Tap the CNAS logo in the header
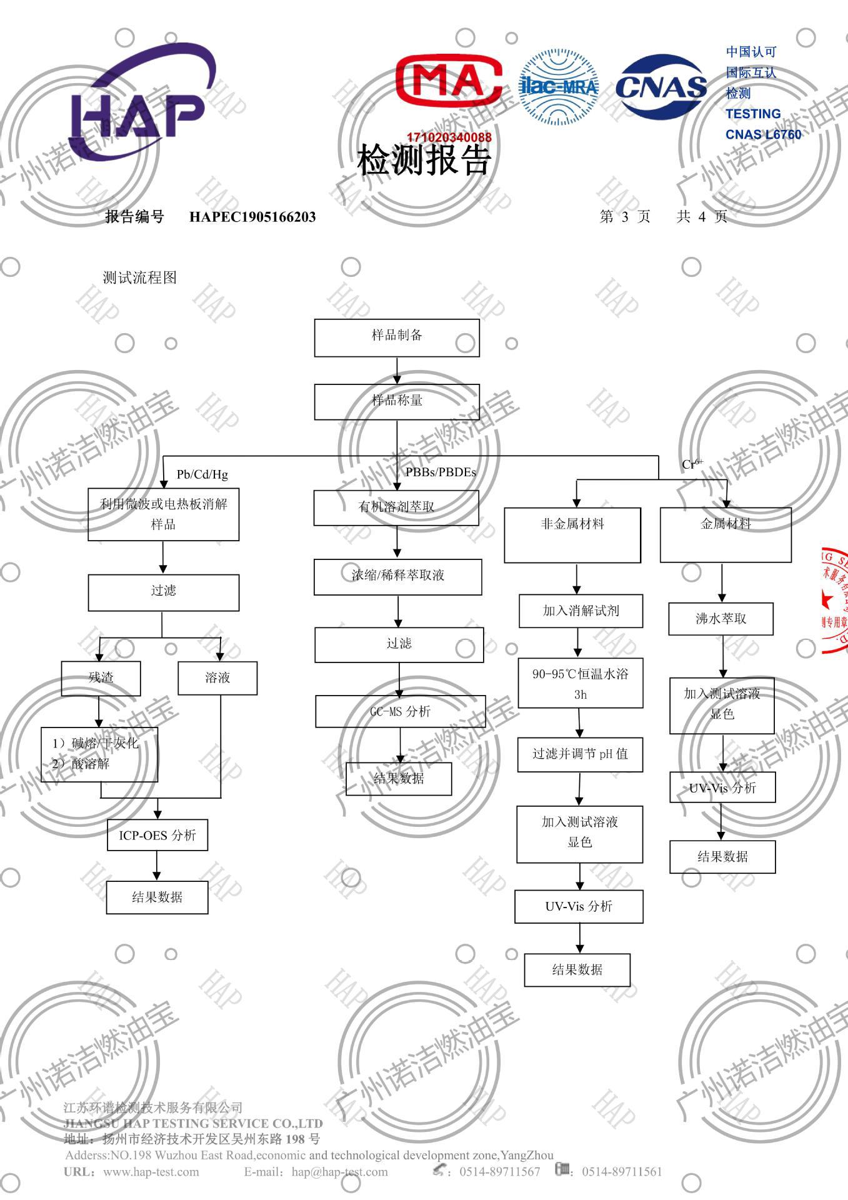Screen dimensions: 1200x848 tap(661, 86)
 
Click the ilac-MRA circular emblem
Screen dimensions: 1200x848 tap(558, 87)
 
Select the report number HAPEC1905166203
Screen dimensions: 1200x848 tap(252, 217)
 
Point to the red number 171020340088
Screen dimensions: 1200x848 tap(449, 137)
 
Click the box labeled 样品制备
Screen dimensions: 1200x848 tap(397, 337)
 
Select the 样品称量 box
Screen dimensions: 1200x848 tap(397, 401)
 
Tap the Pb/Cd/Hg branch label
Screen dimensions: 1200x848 tap(202, 474)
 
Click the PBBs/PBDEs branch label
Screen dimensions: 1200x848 tap(441, 472)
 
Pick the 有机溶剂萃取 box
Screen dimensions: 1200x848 tap(396, 507)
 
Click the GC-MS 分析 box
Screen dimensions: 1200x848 tap(400, 711)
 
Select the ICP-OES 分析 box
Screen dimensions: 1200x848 tap(157, 835)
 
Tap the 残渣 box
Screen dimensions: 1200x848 tap(101, 678)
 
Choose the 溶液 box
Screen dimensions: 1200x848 tap(217, 678)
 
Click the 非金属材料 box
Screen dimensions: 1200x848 tap(572, 534)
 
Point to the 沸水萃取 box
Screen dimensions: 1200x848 tap(721, 619)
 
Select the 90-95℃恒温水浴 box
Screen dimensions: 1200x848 tap(581, 682)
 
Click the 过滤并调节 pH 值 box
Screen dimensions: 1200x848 tap(580, 754)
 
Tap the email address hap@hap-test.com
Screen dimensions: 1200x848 tap(339, 1172)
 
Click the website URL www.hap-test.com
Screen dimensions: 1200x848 tap(151, 1172)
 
